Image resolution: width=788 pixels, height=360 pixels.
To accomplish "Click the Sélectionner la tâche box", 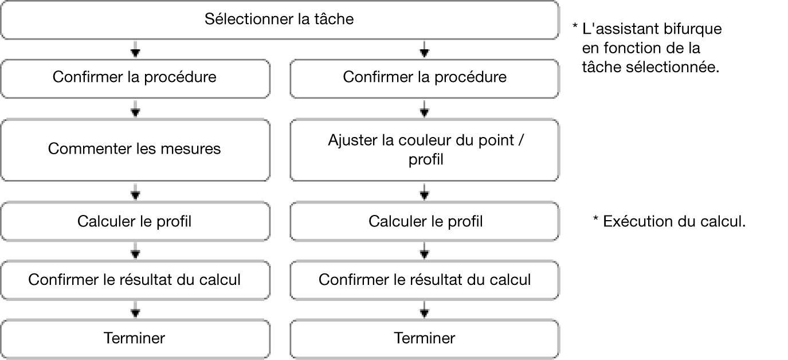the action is pyautogui.click(x=280, y=19).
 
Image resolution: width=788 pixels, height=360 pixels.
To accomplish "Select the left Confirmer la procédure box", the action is pyautogui.click(x=135, y=79).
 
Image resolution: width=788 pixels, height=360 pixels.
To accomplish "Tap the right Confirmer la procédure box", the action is pyautogui.click(x=425, y=79).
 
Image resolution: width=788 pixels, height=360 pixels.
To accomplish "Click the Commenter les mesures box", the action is pyautogui.click(x=135, y=150).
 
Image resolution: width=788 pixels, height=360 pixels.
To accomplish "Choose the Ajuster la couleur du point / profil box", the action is pyautogui.click(x=425, y=150).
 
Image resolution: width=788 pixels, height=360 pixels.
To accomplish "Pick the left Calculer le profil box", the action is pyautogui.click(x=135, y=221).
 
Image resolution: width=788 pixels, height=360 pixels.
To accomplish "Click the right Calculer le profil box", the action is pyautogui.click(x=425, y=221).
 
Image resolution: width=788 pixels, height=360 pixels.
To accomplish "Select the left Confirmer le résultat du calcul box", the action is pyautogui.click(x=135, y=280).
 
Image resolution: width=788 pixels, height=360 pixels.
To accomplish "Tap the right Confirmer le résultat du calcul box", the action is pyautogui.click(x=425, y=280).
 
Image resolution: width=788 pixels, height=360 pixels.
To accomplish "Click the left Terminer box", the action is pyautogui.click(x=135, y=339).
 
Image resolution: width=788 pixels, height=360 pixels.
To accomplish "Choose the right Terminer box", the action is pyautogui.click(x=425, y=339).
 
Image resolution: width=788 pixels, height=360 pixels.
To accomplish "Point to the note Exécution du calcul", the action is pyautogui.click(x=669, y=221).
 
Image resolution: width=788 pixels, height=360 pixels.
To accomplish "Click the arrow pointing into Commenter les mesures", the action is pyautogui.click(x=135, y=108).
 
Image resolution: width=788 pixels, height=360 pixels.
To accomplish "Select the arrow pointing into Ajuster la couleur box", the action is pyautogui.click(x=424, y=108).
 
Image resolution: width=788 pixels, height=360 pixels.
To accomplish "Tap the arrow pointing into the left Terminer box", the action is pyautogui.click(x=135, y=310).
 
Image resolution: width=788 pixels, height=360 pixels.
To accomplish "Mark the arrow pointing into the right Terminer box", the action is pyautogui.click(x=424, y=310).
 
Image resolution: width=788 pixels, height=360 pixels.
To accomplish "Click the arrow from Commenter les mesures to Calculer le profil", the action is pyautogui.click(x=135, y=191).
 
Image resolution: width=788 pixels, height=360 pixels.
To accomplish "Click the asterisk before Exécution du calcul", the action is pyautogui.click(x=595, y=218).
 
